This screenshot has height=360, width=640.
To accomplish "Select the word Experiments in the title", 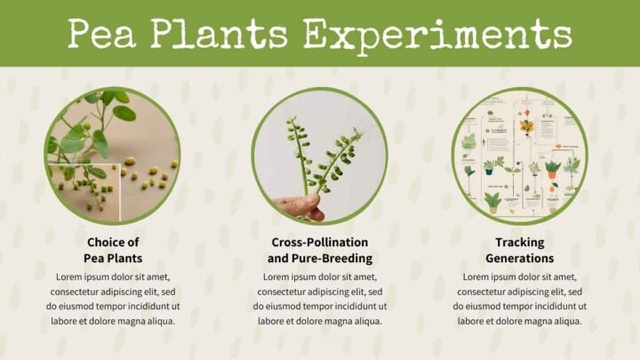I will coord(436,34).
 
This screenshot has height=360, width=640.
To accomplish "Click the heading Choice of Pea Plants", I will coord(113,250).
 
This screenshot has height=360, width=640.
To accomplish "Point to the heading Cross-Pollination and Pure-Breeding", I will coord(319,250).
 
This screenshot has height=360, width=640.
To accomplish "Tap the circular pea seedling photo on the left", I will coord(113,156).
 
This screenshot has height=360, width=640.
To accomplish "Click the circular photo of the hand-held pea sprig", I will coord(319,156).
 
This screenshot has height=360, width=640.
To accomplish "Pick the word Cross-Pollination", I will coord(319,242).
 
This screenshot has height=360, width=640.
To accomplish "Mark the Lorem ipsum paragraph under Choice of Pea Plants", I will coord(113,299).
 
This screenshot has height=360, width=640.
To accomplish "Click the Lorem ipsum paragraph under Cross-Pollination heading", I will coord(319,299).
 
